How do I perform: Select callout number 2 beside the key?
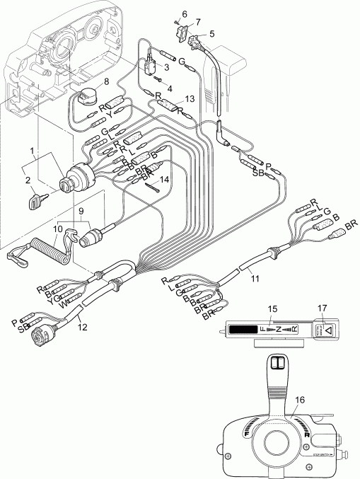pos(29,181)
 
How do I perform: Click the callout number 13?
pos(188,98)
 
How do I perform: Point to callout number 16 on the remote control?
pos(299,400)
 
